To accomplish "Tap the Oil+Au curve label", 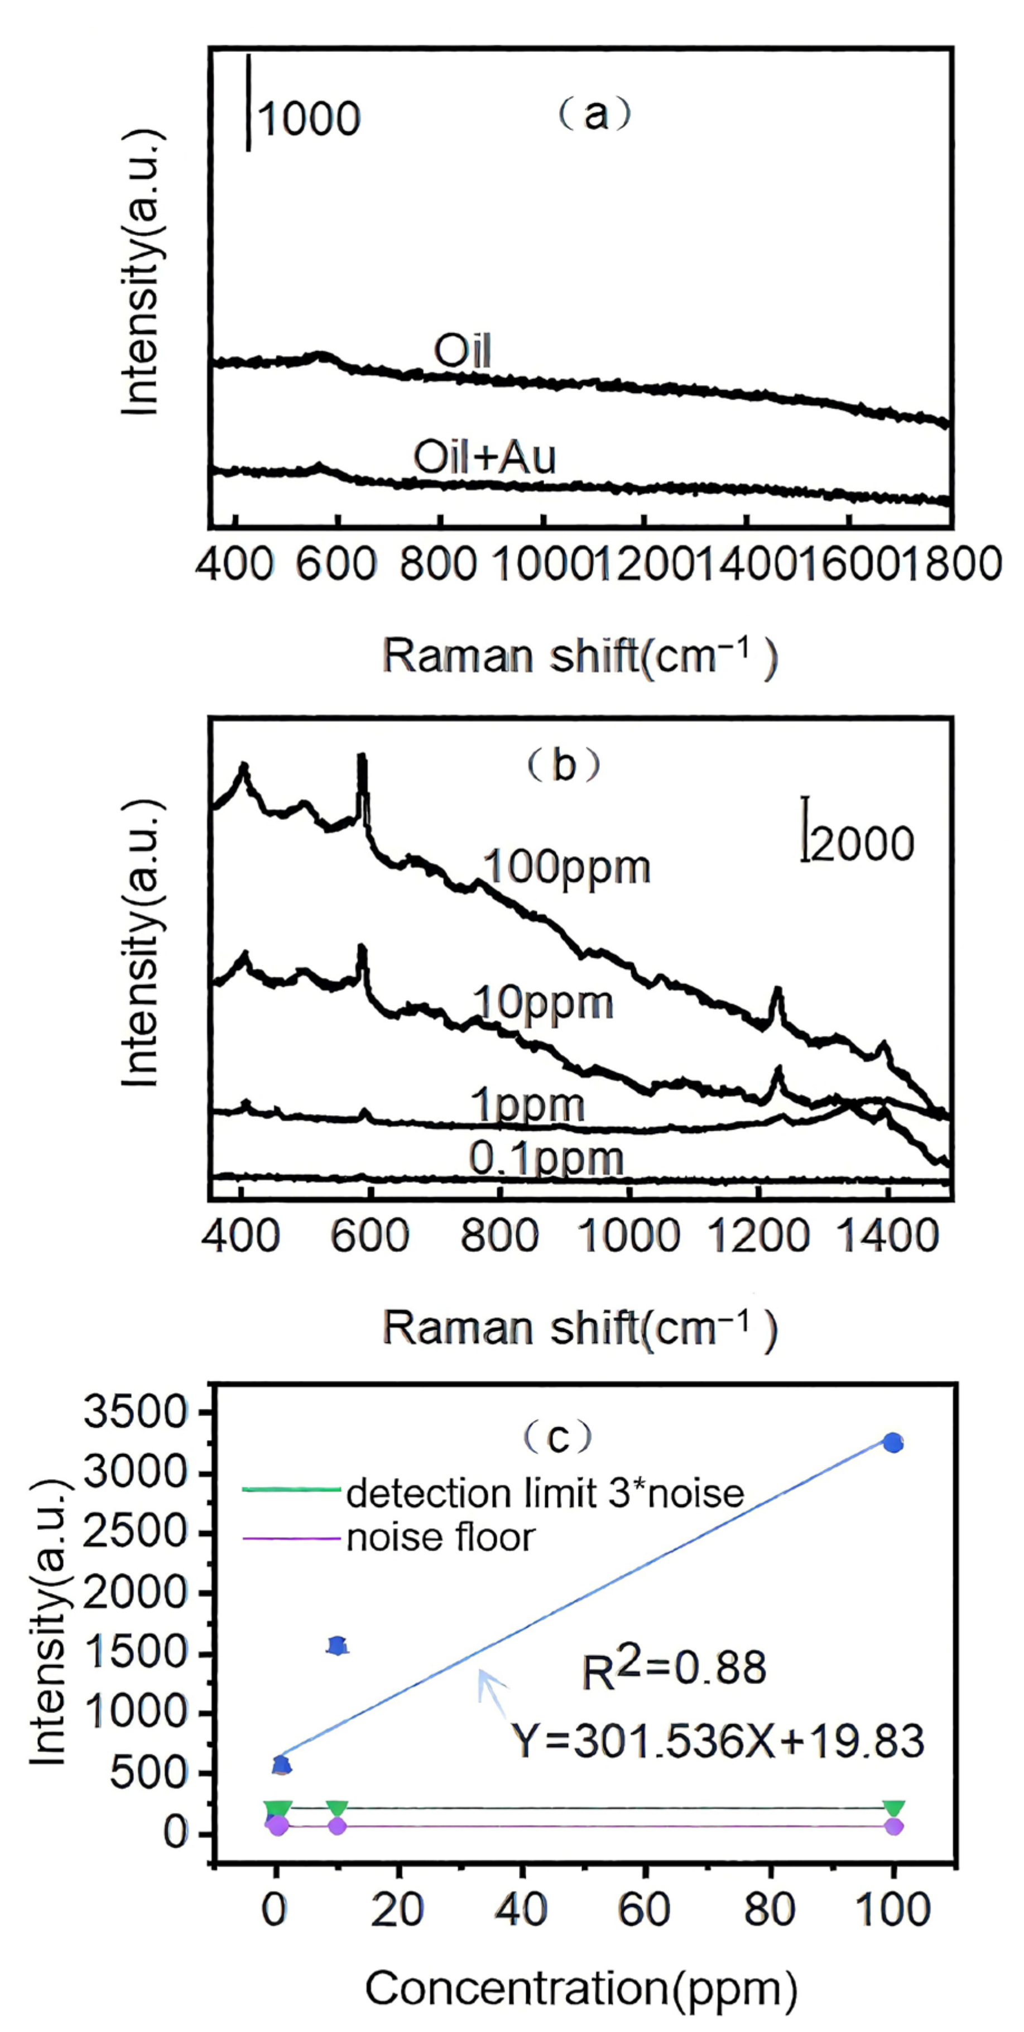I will [485, 457].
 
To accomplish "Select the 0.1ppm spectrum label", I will [546, 1159].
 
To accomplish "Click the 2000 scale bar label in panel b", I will [862, 843].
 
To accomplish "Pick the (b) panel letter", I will [564, 764].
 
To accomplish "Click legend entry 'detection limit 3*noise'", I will [545, 1493].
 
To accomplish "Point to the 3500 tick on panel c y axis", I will [136, 1413].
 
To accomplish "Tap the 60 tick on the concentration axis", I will [646, 1910].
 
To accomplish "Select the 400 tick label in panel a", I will [235, 565].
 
